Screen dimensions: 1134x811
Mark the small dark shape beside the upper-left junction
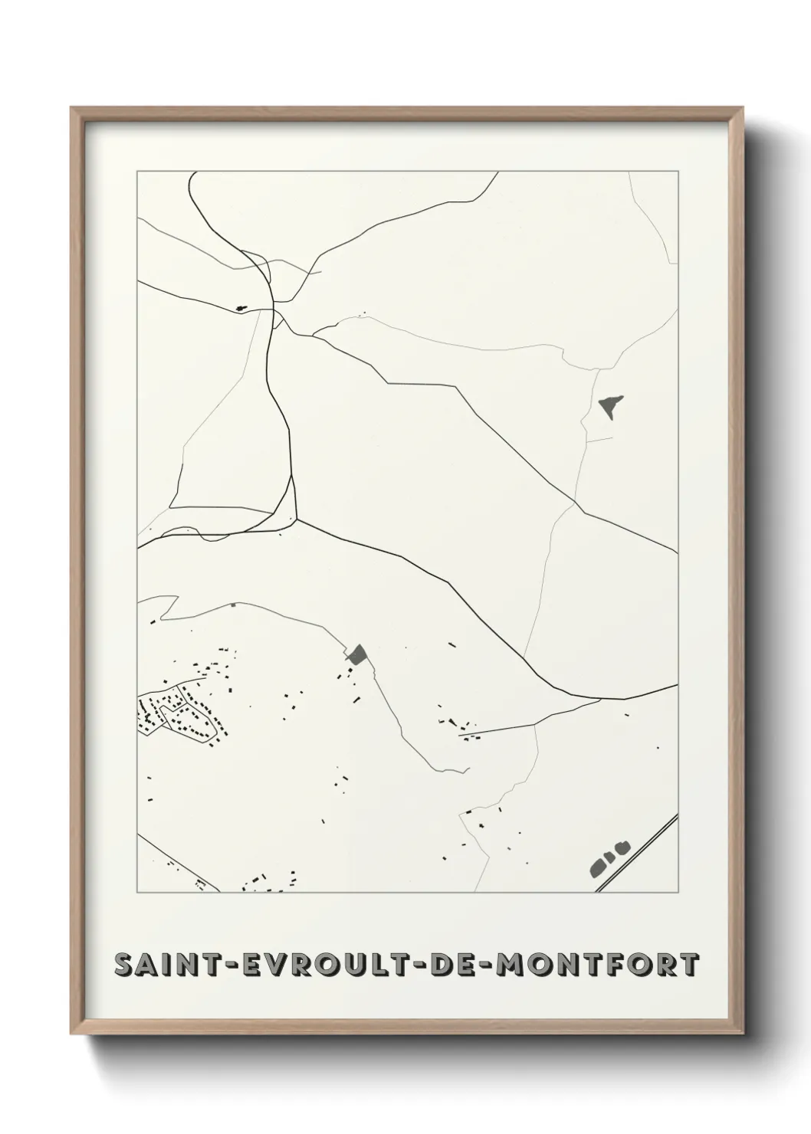[242, 309]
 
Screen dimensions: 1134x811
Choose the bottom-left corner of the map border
[137, 892]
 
